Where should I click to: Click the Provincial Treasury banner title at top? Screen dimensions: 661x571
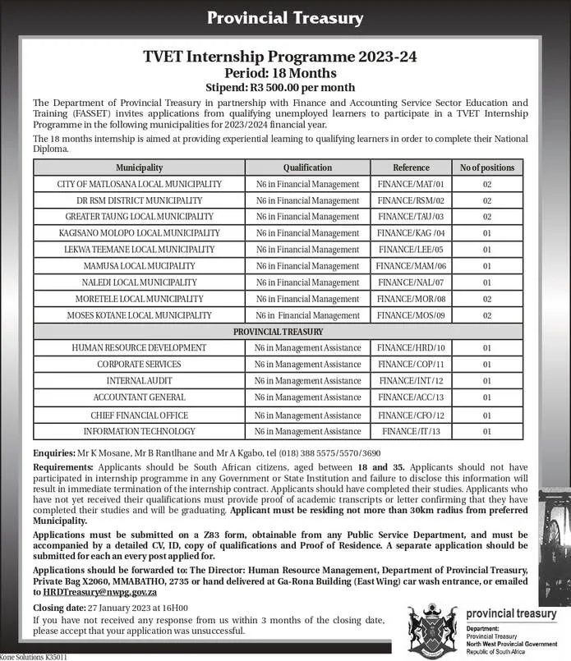pos(285,17)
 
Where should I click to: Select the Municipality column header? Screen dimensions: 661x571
pos(139,168)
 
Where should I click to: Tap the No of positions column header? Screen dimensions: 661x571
pos(486,168)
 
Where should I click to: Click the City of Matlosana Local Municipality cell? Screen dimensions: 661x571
pos(139,184)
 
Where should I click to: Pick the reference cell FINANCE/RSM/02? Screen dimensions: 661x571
pos(411,200)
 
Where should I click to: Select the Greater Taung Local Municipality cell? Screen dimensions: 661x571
pos(139,217)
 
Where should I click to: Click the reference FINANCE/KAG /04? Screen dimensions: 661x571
pos(411,233)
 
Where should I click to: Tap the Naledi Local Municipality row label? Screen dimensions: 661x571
pos(139,282)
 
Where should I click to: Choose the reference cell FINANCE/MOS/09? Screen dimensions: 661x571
pos(411,315)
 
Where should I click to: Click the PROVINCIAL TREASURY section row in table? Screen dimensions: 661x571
pos(278,332)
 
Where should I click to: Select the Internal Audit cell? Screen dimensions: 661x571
pos(139,381)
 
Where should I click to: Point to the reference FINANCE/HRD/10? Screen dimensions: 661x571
pos(411,348)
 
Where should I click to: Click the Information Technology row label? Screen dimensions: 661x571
pos(139,431)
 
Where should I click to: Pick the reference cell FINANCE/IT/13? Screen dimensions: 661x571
pos(411,431)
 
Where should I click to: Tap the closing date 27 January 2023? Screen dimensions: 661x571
pos(118,608)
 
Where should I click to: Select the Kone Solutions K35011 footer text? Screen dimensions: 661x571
pos(34,657)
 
